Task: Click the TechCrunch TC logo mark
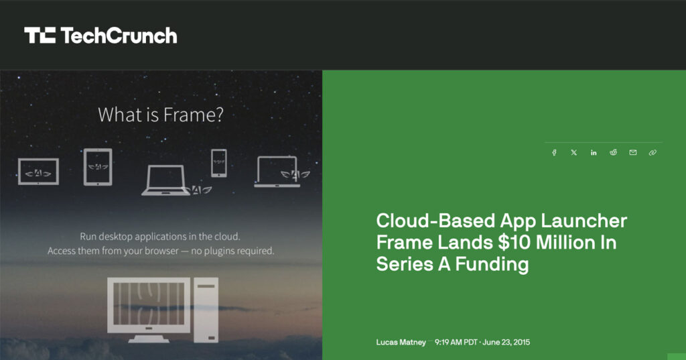coord(40,35)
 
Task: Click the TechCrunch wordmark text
coord(119,36)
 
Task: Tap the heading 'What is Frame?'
coord(161,115)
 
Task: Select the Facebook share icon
coord(554,152)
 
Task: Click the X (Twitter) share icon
coord(574,152)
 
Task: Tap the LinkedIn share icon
coord(594,152)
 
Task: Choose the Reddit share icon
coord(614,152)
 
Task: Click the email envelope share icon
coord(633,152)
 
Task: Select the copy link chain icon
coord(653,152)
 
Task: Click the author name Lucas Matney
coord(401,342)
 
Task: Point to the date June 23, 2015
coord(506,342)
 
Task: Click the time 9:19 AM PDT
coord(456,342)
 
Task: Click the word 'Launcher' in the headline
coord(584,221)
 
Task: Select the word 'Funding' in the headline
coord(492,264)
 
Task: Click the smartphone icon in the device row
coord(219,163)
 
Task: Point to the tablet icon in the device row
coord(98,167)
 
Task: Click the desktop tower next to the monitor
coord(206,310)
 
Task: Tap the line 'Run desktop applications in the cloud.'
coord(160,237)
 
